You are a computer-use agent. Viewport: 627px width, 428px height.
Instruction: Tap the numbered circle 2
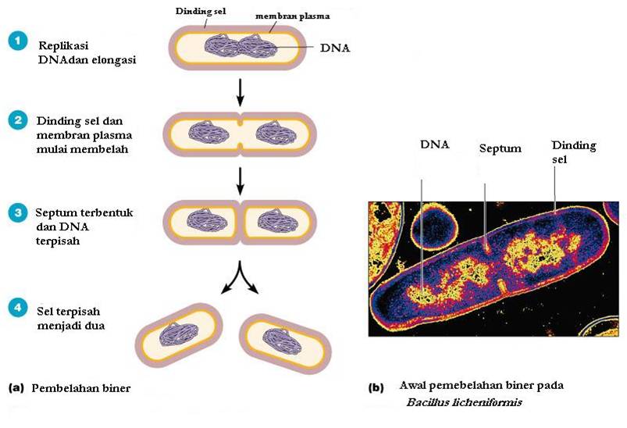18,122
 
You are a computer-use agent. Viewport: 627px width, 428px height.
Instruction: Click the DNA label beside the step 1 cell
336,47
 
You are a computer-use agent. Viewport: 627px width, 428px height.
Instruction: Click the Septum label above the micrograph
499,147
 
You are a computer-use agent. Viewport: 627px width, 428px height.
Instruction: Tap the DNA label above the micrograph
434,144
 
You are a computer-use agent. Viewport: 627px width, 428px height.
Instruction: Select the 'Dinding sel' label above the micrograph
574,152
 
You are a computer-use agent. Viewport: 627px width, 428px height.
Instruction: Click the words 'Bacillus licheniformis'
464,403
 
